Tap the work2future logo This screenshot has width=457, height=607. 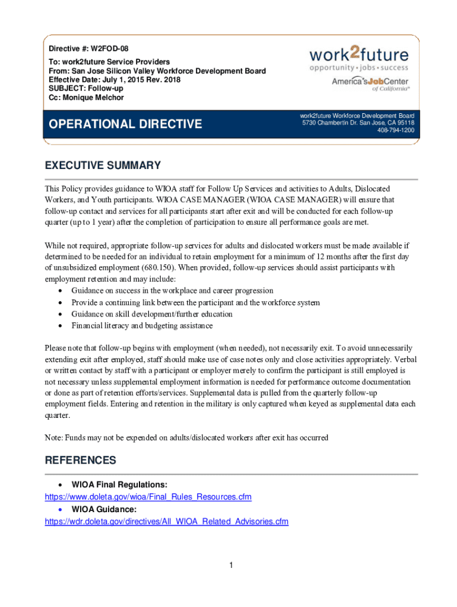click(358, 60)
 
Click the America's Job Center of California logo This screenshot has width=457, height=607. click(370, 84)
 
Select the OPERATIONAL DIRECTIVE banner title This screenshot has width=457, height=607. click(125, 124)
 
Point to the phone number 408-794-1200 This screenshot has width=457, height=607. click(395, 130)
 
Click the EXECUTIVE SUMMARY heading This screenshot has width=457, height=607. click(103, 165)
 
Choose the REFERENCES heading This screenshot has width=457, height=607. click(80, 461)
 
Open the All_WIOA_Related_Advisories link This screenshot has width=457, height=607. click(167, 522)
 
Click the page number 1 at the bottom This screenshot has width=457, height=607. click(231, 566)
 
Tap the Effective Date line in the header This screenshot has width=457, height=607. click(114, 79)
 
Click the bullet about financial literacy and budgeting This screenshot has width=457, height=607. click(142, 325)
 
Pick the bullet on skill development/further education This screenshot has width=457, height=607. click(152, 314)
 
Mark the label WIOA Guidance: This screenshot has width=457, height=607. click(104, 509)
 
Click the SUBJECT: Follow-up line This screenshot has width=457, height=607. click(90, 88)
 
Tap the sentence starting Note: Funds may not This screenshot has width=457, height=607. click(186, 437)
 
